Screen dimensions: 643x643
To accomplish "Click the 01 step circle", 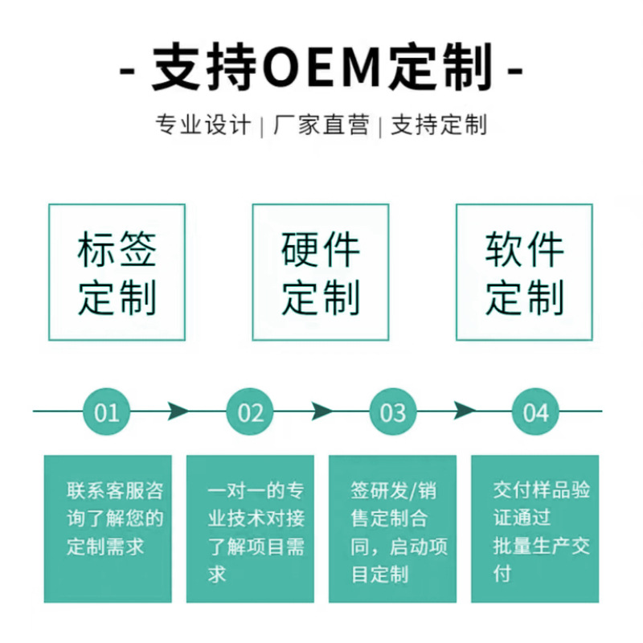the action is [107, 412].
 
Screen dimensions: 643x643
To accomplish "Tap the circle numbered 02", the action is [250, 412].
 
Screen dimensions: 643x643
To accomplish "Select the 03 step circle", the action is [393, 412].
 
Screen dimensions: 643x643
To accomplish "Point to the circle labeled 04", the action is [535, 412].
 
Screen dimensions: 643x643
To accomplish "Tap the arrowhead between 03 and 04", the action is [465, 412].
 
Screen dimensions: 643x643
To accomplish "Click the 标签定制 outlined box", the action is [117, 272].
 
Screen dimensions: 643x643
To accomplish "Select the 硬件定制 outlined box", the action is [321, 272].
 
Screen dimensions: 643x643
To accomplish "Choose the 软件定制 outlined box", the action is [524, 272].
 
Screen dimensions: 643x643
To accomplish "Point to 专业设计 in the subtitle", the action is [203, 125].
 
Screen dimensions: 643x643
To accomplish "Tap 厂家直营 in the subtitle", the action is [321, 125].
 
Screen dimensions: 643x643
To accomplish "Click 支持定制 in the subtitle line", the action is [439, 125].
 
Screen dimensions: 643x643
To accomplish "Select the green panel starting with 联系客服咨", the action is [108, 529].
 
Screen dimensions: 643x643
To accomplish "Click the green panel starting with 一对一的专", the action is [250, 529].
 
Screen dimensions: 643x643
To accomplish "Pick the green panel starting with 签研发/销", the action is [393, 529].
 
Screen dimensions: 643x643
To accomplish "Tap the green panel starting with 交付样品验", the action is [535, 529].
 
